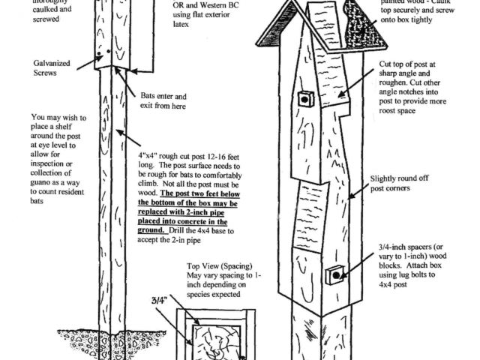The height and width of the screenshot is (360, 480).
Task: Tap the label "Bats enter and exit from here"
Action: pos(164,102)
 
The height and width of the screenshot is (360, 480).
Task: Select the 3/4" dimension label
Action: pos(159,300)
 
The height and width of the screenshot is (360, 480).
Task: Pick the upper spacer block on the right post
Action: pos(305,99)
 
